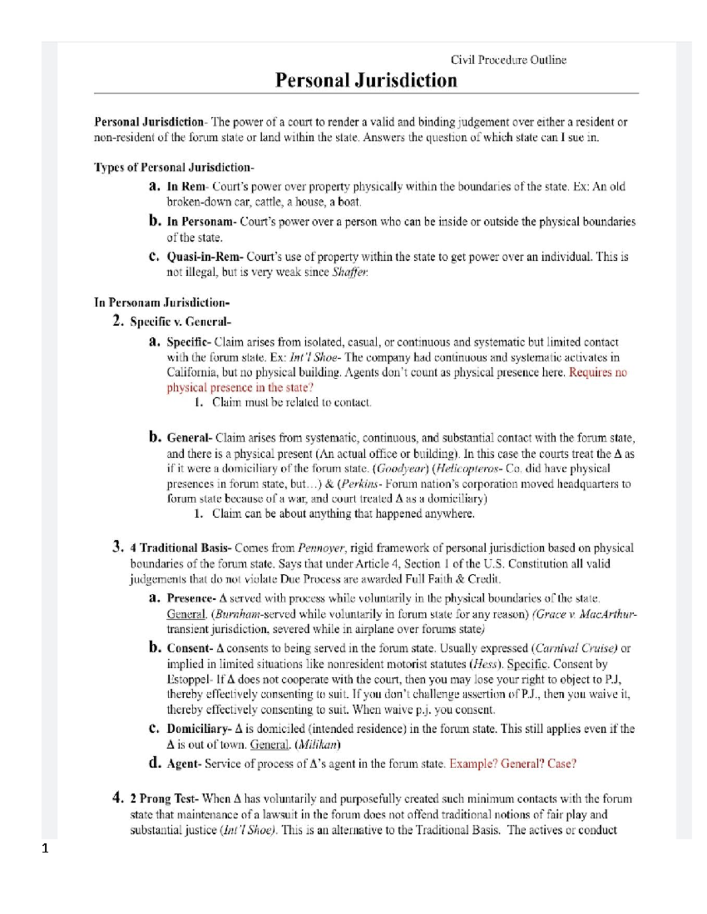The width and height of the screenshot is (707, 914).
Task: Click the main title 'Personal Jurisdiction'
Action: coord(366,80)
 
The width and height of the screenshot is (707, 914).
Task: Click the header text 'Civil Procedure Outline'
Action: coord(508,59)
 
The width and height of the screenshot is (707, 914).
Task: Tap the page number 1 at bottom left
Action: coord(45,848)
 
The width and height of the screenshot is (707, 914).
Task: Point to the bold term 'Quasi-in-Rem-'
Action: coord(205,257)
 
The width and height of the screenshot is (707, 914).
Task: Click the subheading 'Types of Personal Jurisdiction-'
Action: coord(174,167)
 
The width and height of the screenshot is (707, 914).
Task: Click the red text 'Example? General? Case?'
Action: coord(513,764)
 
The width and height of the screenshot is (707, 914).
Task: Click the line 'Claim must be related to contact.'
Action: coord(292,403)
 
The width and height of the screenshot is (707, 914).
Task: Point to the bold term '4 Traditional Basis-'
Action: coord(181,548)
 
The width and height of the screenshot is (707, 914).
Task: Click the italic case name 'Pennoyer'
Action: coord(321,548)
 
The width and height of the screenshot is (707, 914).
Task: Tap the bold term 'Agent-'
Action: coord(184,764)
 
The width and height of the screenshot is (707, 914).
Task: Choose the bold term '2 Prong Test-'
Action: coord(164,799)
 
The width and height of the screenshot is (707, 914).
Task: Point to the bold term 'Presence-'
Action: coord(191,599)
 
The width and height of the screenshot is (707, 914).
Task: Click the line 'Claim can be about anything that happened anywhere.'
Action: coord(343,514)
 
